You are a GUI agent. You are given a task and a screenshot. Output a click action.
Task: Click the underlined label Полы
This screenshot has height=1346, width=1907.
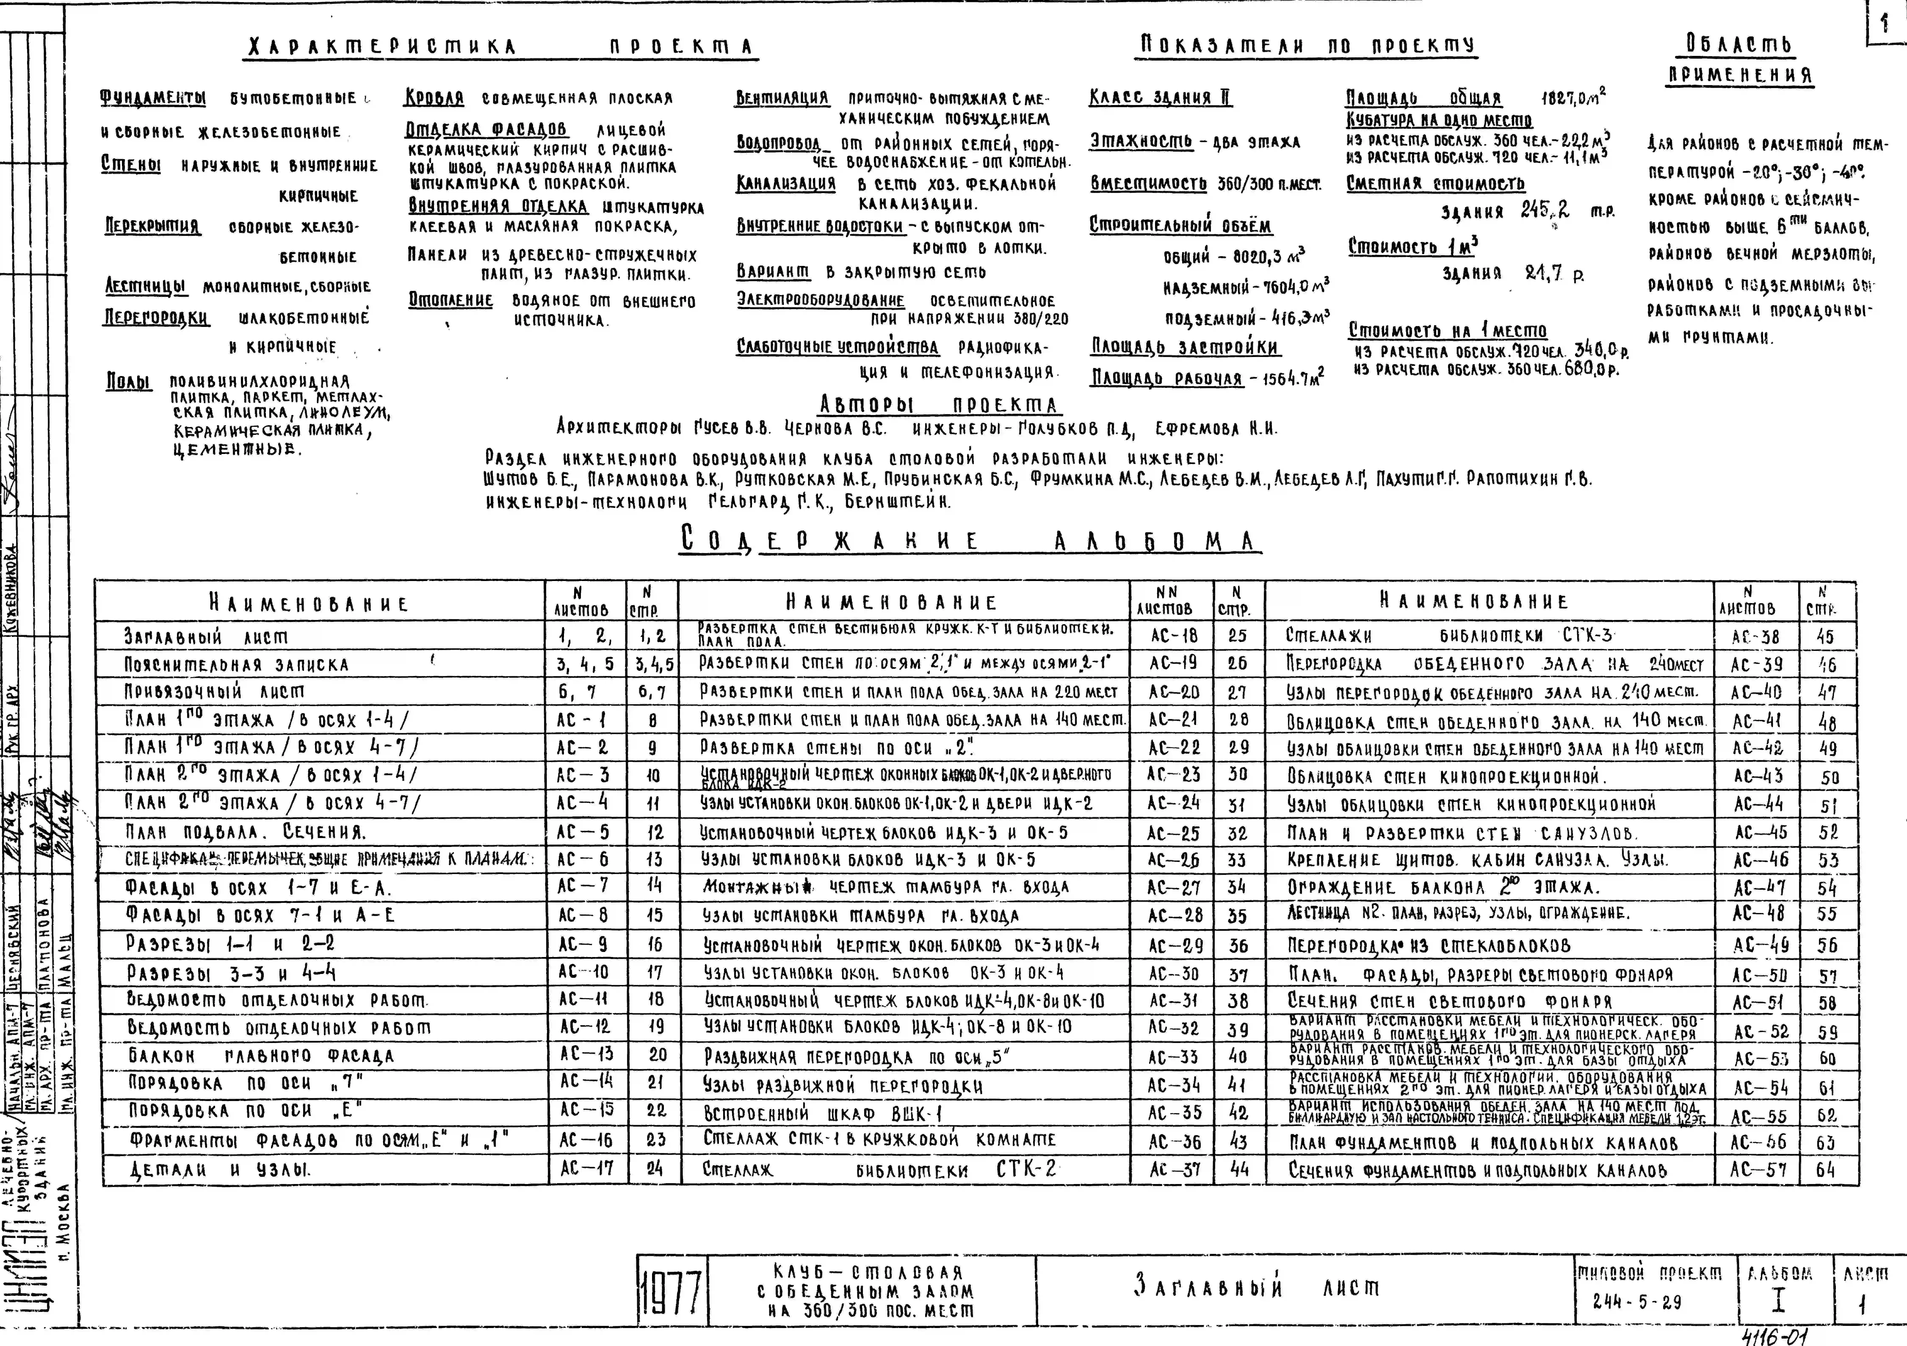tap(129, 382)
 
